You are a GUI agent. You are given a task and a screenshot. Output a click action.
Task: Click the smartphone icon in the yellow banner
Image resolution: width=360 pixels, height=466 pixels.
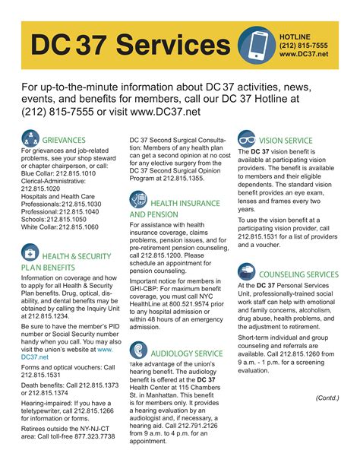256,45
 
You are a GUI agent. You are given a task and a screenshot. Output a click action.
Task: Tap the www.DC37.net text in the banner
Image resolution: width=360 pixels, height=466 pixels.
304,55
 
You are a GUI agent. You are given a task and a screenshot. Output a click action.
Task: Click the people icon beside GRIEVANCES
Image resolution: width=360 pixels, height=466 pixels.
31,139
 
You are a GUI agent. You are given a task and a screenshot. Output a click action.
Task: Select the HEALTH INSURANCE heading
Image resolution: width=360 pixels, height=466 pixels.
185,204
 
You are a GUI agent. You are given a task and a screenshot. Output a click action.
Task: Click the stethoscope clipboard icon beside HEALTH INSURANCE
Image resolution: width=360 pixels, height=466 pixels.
139,201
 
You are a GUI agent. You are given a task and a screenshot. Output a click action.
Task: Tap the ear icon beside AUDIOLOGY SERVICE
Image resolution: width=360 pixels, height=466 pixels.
139,350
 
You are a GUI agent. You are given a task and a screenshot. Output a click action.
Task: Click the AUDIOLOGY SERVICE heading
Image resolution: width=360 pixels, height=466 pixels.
187,353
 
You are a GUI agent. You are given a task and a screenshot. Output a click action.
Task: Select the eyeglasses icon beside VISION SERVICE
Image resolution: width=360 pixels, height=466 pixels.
247,140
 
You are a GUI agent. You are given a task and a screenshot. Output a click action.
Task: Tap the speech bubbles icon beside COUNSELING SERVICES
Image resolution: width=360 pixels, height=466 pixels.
247,271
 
